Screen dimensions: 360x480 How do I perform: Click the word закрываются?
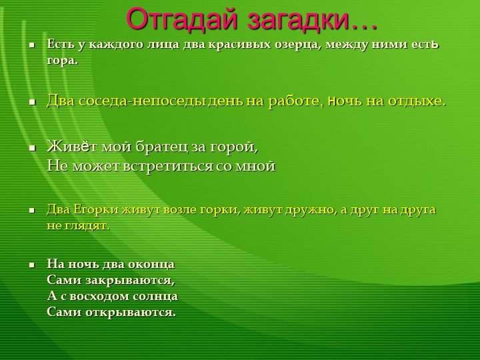(x=127, y=279)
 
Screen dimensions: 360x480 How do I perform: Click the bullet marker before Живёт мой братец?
(x=31, y=147)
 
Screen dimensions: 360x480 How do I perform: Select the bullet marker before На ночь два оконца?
(x=31, y=264)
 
